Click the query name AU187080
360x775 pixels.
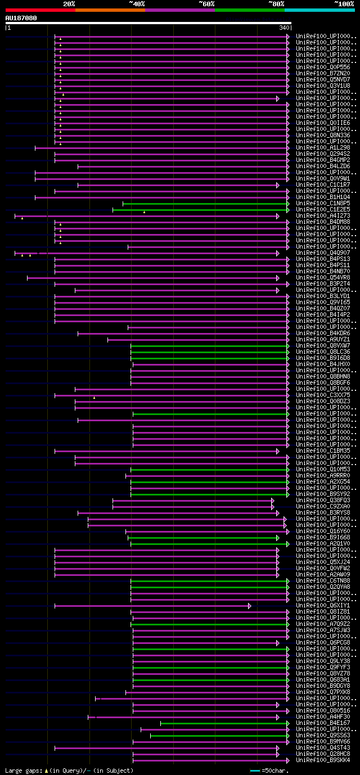[21, 18]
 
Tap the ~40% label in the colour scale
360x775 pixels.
[137, 4]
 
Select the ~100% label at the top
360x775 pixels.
[344, 4]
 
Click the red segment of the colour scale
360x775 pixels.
[40, 10]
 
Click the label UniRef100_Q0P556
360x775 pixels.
[323, 67]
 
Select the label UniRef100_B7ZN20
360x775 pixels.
[323, 74]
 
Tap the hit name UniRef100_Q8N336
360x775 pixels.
[323, 136]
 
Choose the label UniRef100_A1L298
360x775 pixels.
[323, 148]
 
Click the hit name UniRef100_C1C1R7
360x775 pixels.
[323, 185]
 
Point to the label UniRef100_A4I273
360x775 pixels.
[323, 216]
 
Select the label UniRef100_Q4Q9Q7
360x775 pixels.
[323, 253]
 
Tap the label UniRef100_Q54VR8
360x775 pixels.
[323, 278]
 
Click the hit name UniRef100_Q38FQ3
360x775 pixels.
[323, 501]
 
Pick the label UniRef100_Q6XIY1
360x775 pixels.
[323, 606]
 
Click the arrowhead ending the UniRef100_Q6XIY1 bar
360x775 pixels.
[249, 606]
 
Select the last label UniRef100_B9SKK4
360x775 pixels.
[323, 760]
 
